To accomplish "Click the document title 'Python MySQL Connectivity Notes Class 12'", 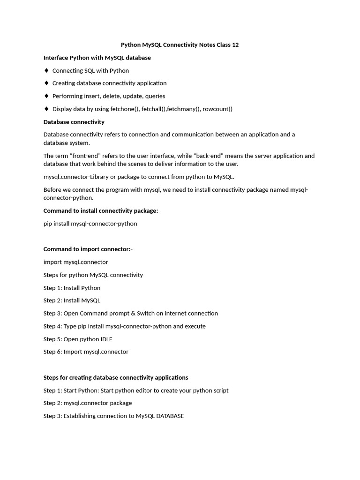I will pyautogui.click(x=180, y=45).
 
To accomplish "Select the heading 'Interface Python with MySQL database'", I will pyautogui.click(x=97, y=58).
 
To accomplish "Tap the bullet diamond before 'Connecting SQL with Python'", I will pyautogui.click(x=46, y=70).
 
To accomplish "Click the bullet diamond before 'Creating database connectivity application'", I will pyautogui.click(x=46, y=83).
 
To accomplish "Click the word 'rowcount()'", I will pyautogui.click(x=217, y=109).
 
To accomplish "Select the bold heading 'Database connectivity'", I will pyautogui.click(x=74, y=122).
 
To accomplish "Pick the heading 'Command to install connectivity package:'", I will pyautogui.click(x=101, y=211).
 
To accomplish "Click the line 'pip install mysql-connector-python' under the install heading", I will pyautogui.click(x=90, y=224).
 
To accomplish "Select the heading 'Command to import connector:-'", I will pyautogui.click(x=88, y=249).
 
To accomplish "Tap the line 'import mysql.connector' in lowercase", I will pyautogui.click(x=75, y=262).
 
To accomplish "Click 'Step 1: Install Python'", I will pyautogui.click(x=72, y=288).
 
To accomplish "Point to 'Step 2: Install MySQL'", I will pyautogui.click(x=72, y=300).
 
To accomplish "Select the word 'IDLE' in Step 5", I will pyautogui.click(x=105, y=339).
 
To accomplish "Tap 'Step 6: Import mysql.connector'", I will pyautogui.click(x=86, y=352).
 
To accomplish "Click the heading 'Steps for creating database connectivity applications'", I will pyautogui.click(x=116, y=377).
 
